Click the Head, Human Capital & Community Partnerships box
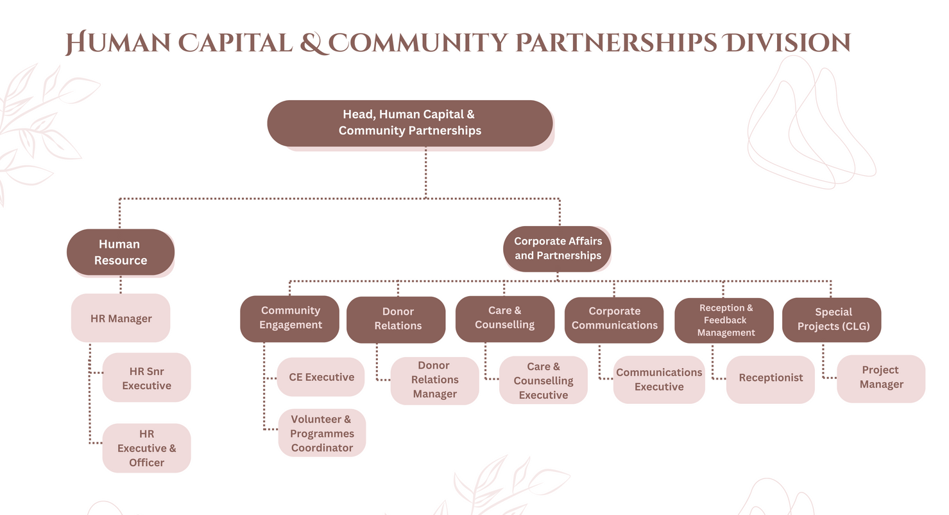tap(409, 123)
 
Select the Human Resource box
tap(121, 252)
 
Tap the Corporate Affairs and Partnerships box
tap(557, 249)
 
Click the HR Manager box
tap(121, 318)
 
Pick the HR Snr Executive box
tap(146, 378)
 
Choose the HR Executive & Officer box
tap(146, 448)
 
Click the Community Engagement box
tap(290, 318)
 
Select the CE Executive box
tap(321, 377)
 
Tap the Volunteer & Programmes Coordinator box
tap(321, 433)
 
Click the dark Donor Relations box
tap(397, 319)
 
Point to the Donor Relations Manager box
tap(434, 380)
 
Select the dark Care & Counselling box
tap(504, 318)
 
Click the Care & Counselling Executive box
tap(543, 380)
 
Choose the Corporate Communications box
tap(614, 319)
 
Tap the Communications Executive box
tap(659, 380)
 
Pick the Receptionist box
tap(770, 379)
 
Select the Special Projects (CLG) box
tap(832, 319)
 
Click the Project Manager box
tap(881, 378)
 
